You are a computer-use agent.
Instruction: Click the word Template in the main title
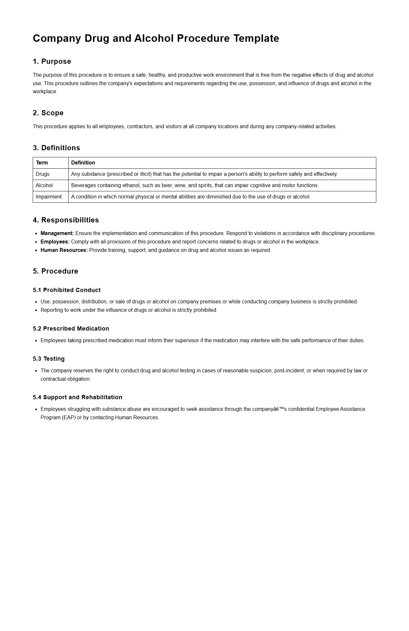tap(256, 38)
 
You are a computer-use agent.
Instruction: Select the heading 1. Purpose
tap(52, 62)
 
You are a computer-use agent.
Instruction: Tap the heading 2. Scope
tap(48, 113)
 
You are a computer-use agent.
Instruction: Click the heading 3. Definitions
tap(56, 148)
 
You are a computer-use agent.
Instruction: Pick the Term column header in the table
tap(42, 163)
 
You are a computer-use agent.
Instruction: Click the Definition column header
tap(83, 163)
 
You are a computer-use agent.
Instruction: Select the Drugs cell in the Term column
tap(42, 174)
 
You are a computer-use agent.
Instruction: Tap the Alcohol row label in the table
tap(44, 186)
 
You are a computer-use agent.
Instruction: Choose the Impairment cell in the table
tap(49, 197)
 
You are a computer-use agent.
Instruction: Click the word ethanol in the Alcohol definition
tap(131, 186)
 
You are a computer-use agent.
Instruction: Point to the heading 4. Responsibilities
tap(66, 220)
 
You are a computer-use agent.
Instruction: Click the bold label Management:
tap(57, 233)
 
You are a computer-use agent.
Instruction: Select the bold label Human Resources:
tap(64, 250)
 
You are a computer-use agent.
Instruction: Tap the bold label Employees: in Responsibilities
tap(55, 242)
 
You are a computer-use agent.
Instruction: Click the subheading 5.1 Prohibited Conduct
tap(66, 290)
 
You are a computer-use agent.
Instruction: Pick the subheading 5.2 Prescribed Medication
tap(71, 329)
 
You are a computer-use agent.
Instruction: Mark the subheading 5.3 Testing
tap(49, 359)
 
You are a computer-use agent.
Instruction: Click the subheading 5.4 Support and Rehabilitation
tap(77, 397)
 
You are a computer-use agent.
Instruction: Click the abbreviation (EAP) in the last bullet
tap(69, 418)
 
